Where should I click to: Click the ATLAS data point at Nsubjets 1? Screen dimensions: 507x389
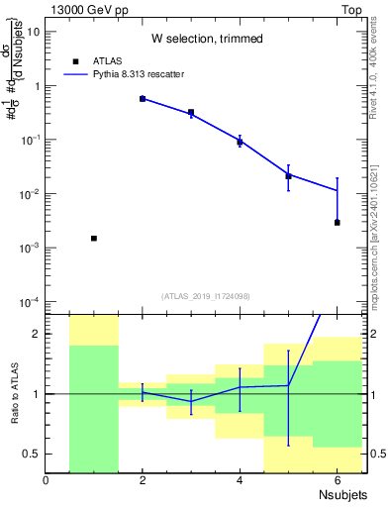94,238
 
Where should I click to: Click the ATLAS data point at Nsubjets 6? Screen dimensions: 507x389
338,222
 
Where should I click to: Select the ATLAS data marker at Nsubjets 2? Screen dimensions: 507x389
143,99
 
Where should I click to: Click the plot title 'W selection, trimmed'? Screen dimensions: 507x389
207,39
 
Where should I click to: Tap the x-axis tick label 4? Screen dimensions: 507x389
240,480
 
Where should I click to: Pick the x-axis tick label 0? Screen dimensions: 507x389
46,480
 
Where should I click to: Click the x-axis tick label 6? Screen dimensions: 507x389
337,480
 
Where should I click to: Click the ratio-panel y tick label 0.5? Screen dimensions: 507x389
32,454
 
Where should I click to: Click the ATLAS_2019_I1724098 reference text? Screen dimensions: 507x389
207,296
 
